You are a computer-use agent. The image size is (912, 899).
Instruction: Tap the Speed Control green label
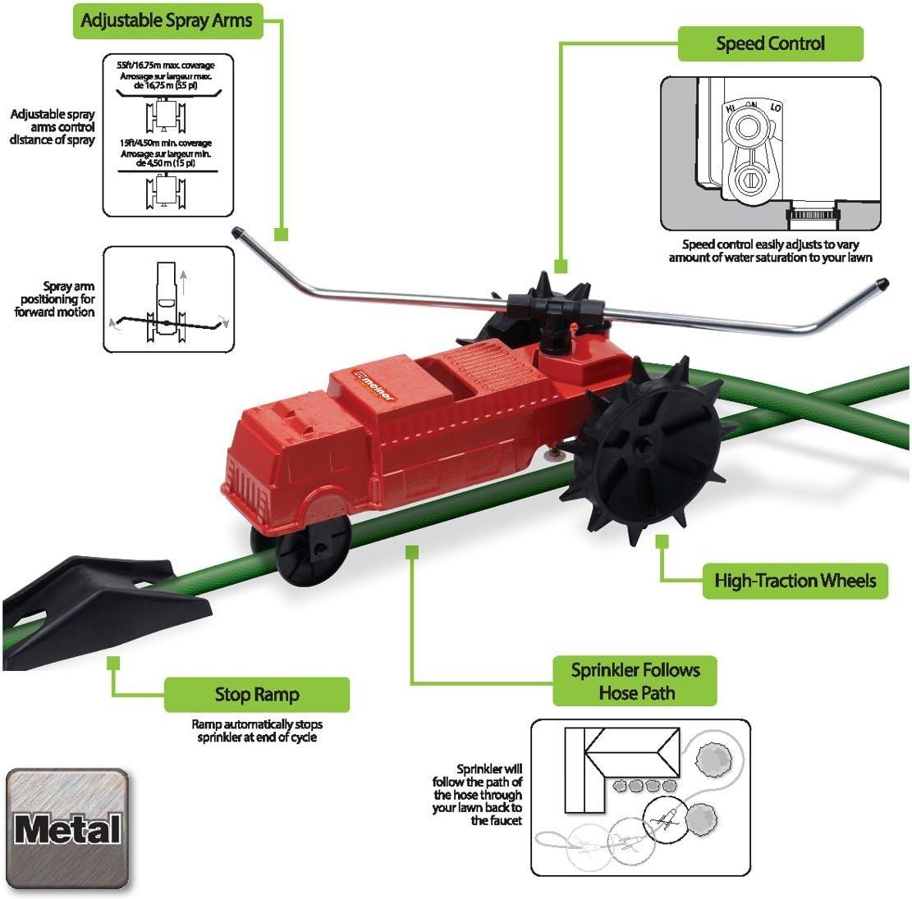[x=770, y=43]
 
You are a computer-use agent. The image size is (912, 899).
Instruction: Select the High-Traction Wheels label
[x=795, y=582]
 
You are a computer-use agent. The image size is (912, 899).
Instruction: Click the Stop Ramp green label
[x=257, y=695]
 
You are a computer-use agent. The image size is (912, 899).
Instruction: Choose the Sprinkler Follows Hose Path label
[x=635, y=681]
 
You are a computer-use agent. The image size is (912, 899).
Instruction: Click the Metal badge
[x=67, y=828]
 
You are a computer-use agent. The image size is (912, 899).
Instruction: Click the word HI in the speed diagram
[x=727, y=107]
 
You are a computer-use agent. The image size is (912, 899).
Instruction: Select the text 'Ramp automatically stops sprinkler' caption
[x=257, y=731]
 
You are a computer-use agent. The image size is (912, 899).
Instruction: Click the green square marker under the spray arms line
[x=281, y=235]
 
